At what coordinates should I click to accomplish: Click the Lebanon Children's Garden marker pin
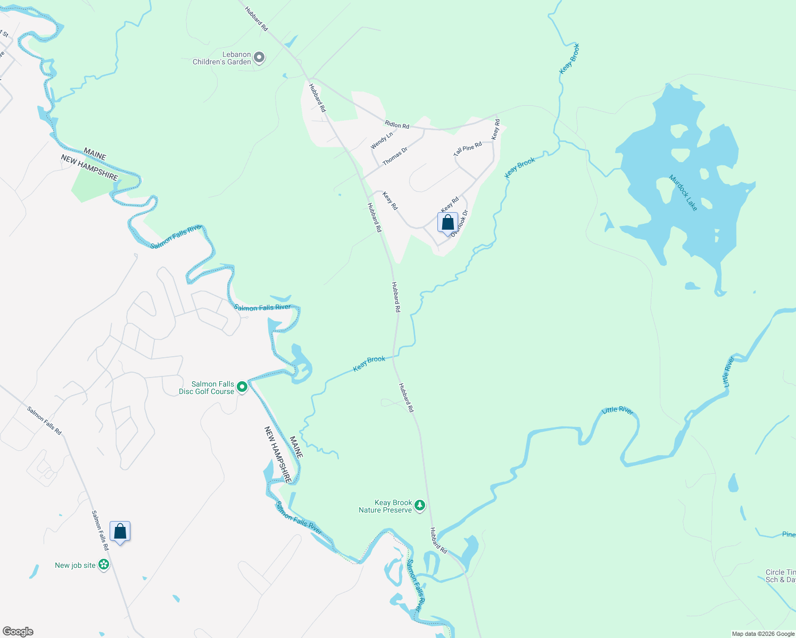[259, 57]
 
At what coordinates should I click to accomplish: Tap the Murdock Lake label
[683, 193]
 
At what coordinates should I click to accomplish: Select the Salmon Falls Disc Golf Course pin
[242, 387]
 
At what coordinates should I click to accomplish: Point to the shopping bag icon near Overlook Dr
[447, 222]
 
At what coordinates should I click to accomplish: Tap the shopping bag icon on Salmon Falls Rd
[120, 531]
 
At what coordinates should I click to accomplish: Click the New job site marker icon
[104, 565]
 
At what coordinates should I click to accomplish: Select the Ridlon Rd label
[397, 125]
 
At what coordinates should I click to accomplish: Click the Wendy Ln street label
[382, 140]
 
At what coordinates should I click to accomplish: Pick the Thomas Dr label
[395, 156]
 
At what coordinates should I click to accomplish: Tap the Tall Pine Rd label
[468, 148]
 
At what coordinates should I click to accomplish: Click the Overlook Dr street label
[460, 223]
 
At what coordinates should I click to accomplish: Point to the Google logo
[18, 632]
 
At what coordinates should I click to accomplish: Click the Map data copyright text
[763, 634]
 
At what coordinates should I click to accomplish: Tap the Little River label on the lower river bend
[617, 410]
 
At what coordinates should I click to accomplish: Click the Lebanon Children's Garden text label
[222, 58]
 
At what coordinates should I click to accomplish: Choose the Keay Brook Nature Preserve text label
[385, 506]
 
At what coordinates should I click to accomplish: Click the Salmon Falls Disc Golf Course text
[206, 388]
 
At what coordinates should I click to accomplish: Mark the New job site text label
[75, 565]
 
